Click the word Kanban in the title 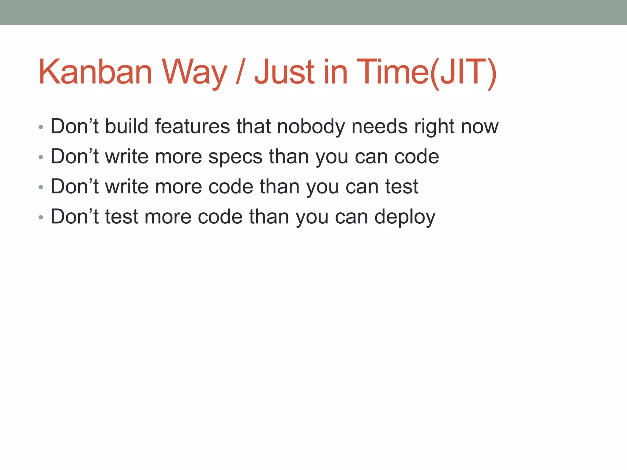pos(95,72)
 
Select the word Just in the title pos(284,72)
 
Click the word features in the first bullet pos(192,126)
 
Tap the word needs pos(380,126)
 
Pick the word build pos(127,126)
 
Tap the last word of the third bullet pos(401,187)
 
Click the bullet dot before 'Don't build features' pos(41,127)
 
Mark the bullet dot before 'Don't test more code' pos(41,218)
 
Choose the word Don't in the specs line pos(74,156)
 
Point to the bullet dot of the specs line pos(41,157)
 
